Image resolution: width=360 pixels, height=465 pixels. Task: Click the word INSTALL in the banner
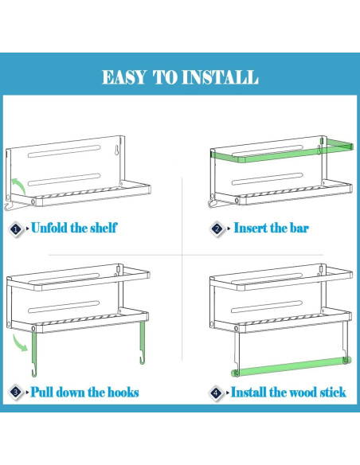(x=220, y=77)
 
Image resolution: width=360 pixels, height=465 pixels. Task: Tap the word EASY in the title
(x=124, y=77)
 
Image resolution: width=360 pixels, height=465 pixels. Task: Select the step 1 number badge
(x=16, y=229)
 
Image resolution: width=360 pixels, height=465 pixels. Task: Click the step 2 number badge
(x=217, y=229)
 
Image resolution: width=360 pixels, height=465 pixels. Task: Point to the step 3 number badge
(x=16, y=392)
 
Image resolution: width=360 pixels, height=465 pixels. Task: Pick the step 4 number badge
(x=216, y=393)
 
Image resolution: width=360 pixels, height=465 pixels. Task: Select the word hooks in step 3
(x=123, y=392)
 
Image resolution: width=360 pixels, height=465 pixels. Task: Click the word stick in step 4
(x=333, y=392)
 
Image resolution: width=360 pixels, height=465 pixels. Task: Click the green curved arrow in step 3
(x=20, y=342)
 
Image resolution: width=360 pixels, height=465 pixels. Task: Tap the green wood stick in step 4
(x=292, y=366)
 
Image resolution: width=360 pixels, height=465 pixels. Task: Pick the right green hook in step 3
(x=143, y=342)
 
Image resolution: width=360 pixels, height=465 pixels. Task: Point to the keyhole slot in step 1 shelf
(x=116, y=150)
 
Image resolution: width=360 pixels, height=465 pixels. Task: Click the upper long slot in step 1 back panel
(x=65, y=151)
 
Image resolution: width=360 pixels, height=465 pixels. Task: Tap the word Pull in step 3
(x=42, y=392)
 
